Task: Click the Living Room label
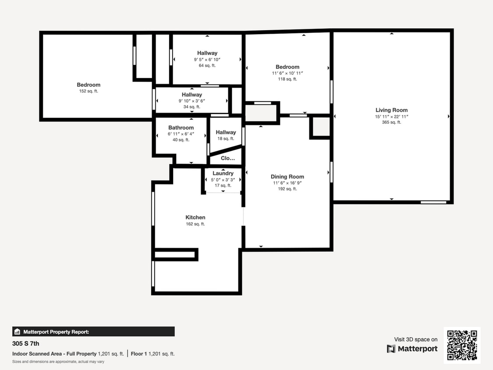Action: click(391, 110)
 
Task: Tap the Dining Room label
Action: click(287, 177)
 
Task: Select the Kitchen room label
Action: click(195, 217)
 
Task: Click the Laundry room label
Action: click(223, 174)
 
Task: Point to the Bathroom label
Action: click(181, 128)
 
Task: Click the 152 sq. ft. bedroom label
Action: click(89, 85)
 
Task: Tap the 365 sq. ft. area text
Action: click(391, 122)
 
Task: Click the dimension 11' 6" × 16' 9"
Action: click(287, 183)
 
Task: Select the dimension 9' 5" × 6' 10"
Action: click(207, 59)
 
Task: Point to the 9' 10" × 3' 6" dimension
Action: click(192, 101)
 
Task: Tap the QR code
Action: click(462, 345)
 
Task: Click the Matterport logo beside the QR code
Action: click(412, 349)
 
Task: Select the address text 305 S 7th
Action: click(25, 344)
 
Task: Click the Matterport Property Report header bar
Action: click(93, 331)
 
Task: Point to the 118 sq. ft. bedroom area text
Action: click(287, 79)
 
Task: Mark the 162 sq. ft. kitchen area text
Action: click(195, 224)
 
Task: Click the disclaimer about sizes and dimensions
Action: click(58, 362)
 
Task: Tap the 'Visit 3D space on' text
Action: click(415, 339)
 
